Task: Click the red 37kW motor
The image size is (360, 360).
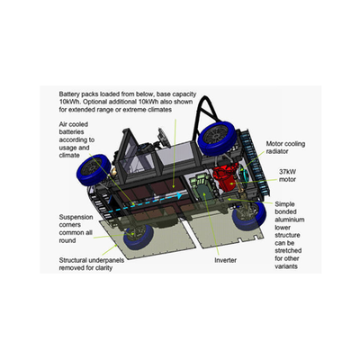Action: coord(226,179)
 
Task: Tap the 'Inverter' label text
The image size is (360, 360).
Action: coord(225,260)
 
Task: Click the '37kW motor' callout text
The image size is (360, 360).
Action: coord(287,175)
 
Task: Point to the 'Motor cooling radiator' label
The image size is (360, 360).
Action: coord(285,148)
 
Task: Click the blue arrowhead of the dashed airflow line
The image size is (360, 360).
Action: coord(180,196)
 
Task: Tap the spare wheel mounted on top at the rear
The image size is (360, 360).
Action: coord(218,137)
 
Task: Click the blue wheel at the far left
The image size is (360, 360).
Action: coord(94,170)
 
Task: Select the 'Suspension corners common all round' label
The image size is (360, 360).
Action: coord(76,229)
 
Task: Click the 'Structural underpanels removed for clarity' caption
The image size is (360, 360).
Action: coord(92,264)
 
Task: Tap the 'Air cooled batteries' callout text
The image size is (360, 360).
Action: coord(76,139)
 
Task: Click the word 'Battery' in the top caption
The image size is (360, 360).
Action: coord(69,94)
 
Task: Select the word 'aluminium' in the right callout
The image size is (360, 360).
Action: coord(290,220)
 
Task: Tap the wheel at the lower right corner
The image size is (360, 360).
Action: coord(249,217)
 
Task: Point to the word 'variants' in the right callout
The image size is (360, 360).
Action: coord(286,266)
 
